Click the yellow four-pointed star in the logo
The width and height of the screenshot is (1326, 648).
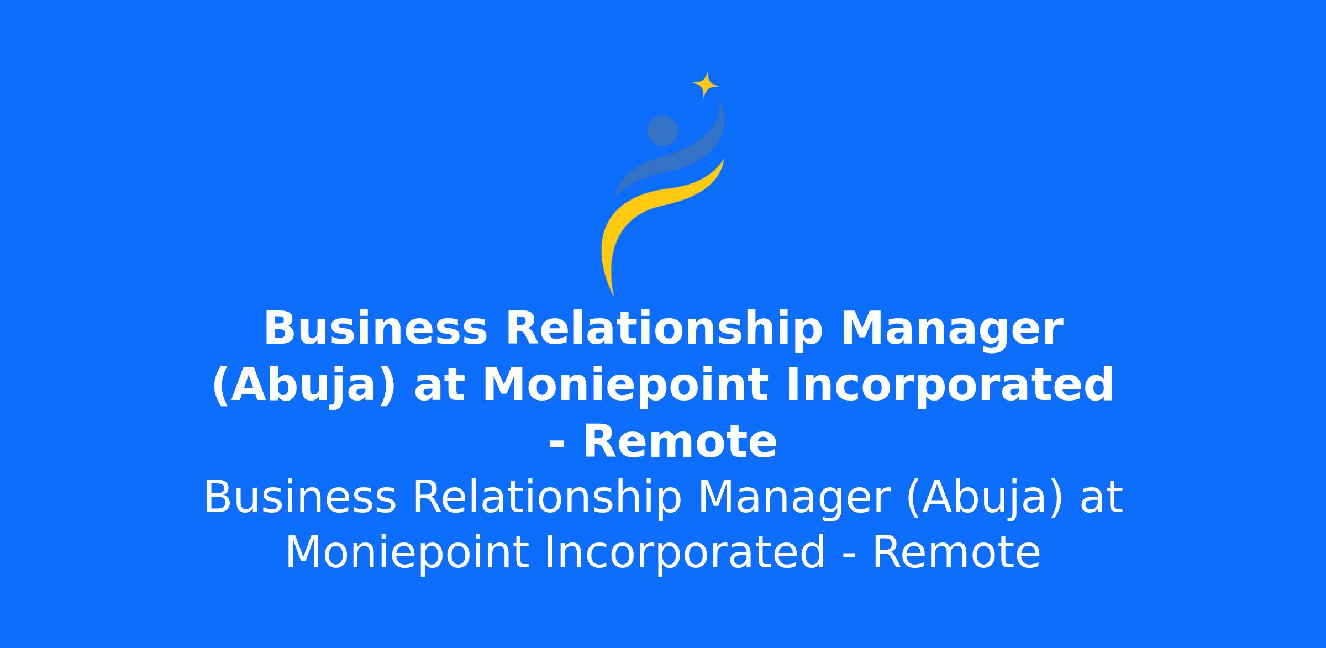pos(706,85)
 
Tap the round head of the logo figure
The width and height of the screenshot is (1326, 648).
pos(662,131)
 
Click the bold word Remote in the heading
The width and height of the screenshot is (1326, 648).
pos(680,442)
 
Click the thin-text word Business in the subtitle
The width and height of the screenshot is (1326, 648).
pos(300,497)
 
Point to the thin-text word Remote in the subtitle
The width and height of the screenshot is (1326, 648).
pos(956,552)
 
